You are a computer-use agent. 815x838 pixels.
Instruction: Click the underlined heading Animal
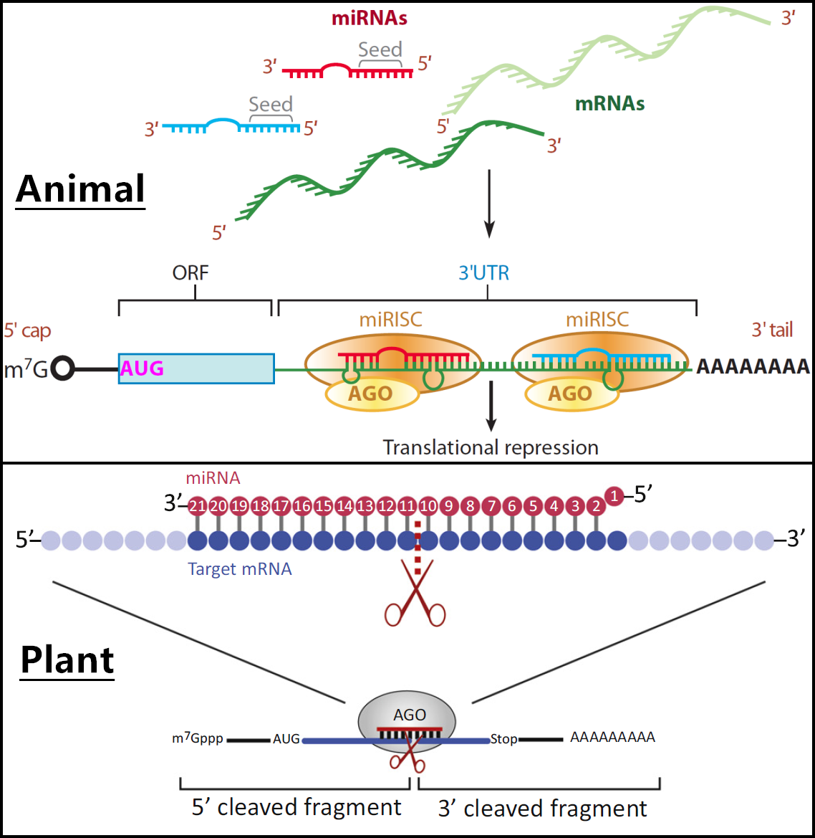pyautogui.click(x=80, y=189)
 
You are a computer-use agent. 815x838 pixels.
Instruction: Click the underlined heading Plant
pyautogui.click(x=67, y=660)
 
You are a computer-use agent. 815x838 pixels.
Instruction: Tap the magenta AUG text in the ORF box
pyautogui.click(x=142, y=368)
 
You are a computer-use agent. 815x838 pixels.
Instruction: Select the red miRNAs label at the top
pyautogui.click(x=369, y=19)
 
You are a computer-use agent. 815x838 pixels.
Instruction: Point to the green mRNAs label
pyautogui.click(x=609, y=104)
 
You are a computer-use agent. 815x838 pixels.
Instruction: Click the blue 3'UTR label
pyautogui.click(x=483, y=273)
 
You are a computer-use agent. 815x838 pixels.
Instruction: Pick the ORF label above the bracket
pyautogui.click(x=191, y=273)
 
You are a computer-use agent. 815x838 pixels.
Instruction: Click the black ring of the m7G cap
pyautogui.click(x=63, y=368)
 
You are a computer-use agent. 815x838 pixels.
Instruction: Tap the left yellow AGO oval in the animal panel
pyautogui.click(x=372, y=394)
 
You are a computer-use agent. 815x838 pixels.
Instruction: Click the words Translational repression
pyautogui.click(x=491, y=447)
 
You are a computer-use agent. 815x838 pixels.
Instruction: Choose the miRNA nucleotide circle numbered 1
pyautogui.click(x=614, y=495)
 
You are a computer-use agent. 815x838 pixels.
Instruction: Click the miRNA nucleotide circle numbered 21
pyautogui.click(x=197, y=506)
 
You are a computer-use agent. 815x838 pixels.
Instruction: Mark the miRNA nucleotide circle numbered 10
pyautogui.click(x=428, y=506)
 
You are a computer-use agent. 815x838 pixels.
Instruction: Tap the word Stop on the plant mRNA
pyautogui.click(x=503, y=739)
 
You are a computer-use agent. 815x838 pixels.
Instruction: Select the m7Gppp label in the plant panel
pyautogui.click(x=198, y=738)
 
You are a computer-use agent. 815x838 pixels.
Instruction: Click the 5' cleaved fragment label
pyautogui.click(x=296, y=807)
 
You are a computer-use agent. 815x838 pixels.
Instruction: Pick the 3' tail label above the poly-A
pyautogui.click(x=772, y=330)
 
